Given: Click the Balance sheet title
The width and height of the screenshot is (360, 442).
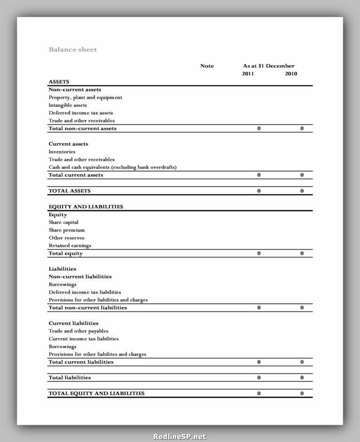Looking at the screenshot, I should pos(73,49).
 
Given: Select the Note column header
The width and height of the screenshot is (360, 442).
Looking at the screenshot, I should pos(207,66).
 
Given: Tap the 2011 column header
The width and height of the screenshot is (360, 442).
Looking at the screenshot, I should pos(248,74).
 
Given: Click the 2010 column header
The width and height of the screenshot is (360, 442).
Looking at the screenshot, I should pos(291,74).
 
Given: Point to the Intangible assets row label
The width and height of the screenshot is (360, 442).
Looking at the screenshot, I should pos(67,105).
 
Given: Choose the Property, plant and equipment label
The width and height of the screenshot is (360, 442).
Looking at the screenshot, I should pos(85,98).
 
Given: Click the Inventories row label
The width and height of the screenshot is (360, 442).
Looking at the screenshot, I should pos(62,152).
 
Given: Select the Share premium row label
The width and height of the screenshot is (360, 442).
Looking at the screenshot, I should pos(67,230).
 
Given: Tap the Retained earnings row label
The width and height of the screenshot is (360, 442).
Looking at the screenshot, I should pos(70,245).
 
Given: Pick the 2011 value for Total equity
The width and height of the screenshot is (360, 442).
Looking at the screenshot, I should pos(259,253).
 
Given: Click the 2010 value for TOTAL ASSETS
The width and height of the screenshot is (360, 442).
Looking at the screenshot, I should pos(302,191).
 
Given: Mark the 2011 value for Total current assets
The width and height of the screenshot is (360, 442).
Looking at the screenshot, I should pos(259,175).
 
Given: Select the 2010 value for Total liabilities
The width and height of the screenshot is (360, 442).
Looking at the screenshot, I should pos(302,377).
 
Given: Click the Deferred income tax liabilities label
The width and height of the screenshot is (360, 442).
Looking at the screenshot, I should pos(85,292).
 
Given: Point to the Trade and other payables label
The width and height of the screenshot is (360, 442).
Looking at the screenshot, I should pos(78,331).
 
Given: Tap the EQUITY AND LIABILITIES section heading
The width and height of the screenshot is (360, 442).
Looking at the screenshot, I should pos(86,206).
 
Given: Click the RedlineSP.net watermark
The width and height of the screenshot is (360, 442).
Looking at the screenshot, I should pos(180,436).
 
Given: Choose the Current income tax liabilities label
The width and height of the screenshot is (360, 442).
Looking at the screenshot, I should pos(83,338).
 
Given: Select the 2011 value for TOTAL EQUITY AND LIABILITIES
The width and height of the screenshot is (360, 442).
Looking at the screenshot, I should pos(259,393).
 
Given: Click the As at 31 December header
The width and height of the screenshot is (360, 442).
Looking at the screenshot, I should pos(269,66).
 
